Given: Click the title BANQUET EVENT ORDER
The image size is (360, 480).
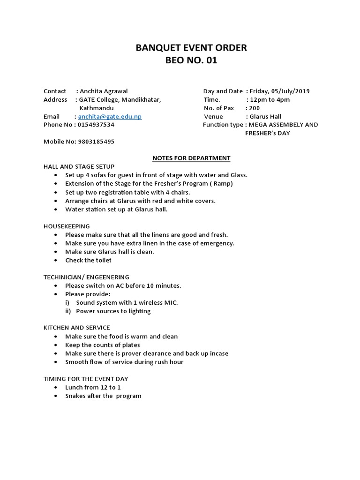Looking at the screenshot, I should pyautogui.click(x=191, y=47).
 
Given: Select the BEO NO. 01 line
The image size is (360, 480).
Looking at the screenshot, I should pyautogui.click(x=191, y=61).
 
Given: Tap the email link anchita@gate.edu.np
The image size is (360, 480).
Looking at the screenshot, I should pyautogui.click(x=110, y=116).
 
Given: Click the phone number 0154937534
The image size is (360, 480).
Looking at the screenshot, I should pyautogui.click(x=96, y=125).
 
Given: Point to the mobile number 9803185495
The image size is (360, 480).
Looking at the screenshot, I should pyautogui.click(x=96, y=142).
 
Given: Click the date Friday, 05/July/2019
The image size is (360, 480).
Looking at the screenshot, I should pyautogui.click(x=279, y=91).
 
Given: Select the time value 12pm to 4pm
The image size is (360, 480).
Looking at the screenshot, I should pyautogui.click(x=270, y=99).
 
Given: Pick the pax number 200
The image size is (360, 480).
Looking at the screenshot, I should pyautogui.click(x=255, y=108).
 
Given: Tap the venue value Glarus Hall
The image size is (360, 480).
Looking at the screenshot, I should pyautogui.click(x=266, y=116).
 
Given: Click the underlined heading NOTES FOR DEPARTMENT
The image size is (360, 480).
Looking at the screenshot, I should pyautogui.click(x=191, y=158).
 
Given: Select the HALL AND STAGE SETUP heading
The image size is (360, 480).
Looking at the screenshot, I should pyautogui.click(x=79, y=166).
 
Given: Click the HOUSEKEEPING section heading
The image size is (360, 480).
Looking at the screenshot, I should pyautogui.click(x=67, y=226).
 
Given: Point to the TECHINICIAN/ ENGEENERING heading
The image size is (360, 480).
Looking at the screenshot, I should pyautogui.click(x=86, y=277).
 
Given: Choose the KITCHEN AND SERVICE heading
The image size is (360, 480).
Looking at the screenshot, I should pyautogui.click(x=77, y=328).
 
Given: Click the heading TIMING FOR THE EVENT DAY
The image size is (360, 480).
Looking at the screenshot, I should pyautogui.click(x=86, y=379).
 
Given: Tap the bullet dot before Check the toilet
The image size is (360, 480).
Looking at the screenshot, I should pyautogui.click(x=55, y=260).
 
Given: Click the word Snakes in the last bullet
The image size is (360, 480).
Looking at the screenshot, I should pyautogui.click(x=76, y=396).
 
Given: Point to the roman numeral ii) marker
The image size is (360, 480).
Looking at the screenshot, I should pyautogui.click(x=68, y=311).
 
